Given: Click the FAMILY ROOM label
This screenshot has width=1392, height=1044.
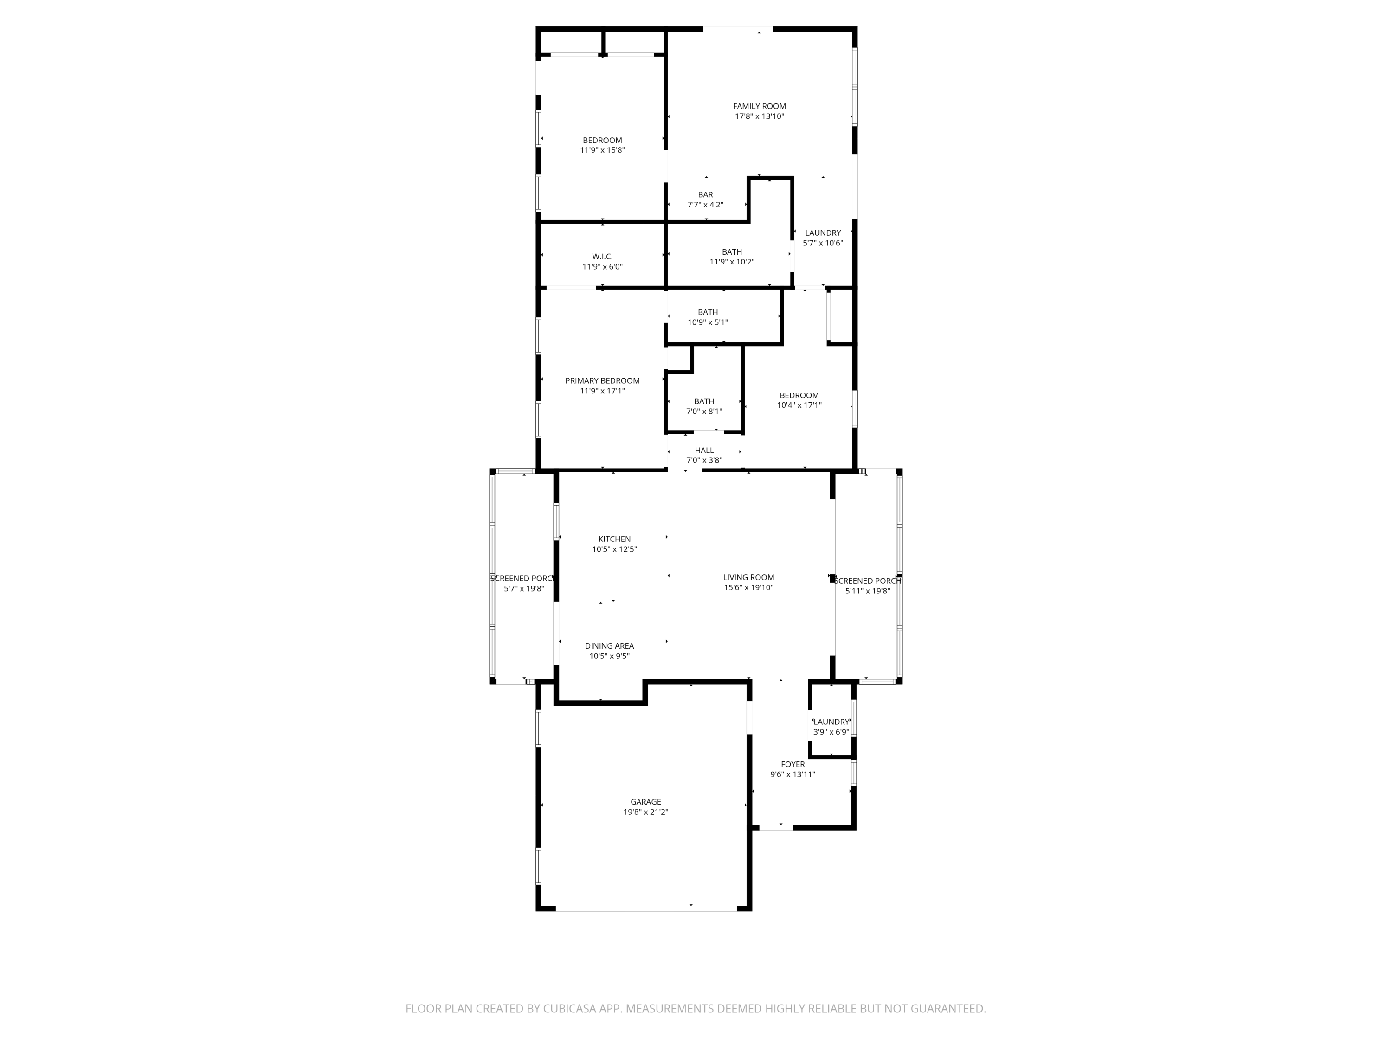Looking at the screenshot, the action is click(759, 106).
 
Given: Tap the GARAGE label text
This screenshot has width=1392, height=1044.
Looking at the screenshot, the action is click(646, 802).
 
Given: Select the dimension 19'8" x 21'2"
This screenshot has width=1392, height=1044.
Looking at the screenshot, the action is click(646, 812).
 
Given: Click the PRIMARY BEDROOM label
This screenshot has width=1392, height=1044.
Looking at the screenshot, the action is click(602, 381).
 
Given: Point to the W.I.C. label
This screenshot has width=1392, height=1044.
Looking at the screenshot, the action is click(602, 257).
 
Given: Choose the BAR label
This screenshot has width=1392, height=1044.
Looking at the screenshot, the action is click(705, 195).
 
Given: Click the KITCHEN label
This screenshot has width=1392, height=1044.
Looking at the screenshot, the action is click(614, 539).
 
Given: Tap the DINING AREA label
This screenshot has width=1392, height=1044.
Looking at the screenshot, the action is click(609, 646).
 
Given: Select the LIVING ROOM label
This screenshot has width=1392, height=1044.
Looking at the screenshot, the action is click(748, 578).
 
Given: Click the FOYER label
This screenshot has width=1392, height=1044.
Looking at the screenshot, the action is click(793, 765).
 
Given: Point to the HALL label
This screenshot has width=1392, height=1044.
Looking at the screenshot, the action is click(704, 451).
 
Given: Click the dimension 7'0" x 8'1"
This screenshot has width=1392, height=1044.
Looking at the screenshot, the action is click(704, 412).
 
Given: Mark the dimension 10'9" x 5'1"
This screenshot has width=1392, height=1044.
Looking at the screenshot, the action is click(708, 322).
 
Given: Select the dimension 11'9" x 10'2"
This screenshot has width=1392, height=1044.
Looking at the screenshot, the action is click(732, 262).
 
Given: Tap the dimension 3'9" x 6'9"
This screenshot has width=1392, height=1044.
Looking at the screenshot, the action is click(831, 732).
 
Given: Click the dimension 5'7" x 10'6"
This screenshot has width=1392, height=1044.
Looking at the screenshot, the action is click(823, 243).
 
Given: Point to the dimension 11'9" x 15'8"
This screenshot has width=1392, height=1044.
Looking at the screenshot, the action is click(602, 150).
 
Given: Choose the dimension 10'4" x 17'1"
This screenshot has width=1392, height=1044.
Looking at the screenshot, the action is click(799, 405).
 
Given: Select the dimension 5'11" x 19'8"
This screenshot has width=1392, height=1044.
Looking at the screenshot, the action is click(868, 591).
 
